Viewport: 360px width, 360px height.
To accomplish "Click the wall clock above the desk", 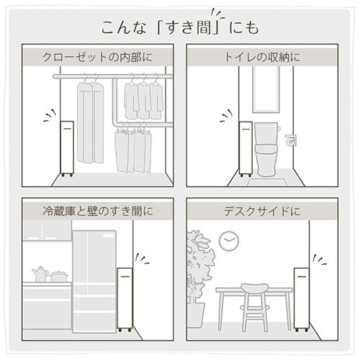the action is click(x=229, y=241).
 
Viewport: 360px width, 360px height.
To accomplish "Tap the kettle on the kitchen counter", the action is click(x=40, y=274).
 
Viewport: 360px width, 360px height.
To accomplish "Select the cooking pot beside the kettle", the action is click(x=59, y=276).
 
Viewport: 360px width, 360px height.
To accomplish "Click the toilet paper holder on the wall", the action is click(x=291, y=140).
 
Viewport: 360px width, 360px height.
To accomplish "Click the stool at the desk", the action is click(x=255, y=307).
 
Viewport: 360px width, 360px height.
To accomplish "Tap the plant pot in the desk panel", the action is click(x=196, y=315).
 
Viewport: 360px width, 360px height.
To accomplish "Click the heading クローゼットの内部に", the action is click(x=97, y=58).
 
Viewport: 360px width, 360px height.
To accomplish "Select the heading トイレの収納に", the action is click(x=262, y=58).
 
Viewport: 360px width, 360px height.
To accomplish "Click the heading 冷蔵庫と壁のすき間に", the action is click(x=98, y=211).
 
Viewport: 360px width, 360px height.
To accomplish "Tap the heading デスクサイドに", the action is click(x=262, y=211).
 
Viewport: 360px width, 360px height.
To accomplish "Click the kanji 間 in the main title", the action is click(x=203, y=27).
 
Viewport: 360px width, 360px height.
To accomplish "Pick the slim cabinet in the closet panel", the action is click(x=67, y=149).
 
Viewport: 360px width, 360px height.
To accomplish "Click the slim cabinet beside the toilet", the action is click(x=246, y=149).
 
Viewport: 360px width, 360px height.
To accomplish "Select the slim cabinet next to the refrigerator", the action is click(x=125, y=300).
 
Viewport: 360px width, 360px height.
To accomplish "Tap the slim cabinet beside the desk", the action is click(x=302, y=300).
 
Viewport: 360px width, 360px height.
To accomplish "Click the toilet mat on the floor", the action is click(x=267, y=182).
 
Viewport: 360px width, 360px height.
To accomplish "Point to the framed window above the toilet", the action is click(x=266, y=89).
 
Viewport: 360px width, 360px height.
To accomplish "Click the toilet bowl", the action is click(x=266, y=160).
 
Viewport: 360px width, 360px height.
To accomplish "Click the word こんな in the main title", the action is click(x=124, y=27).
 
